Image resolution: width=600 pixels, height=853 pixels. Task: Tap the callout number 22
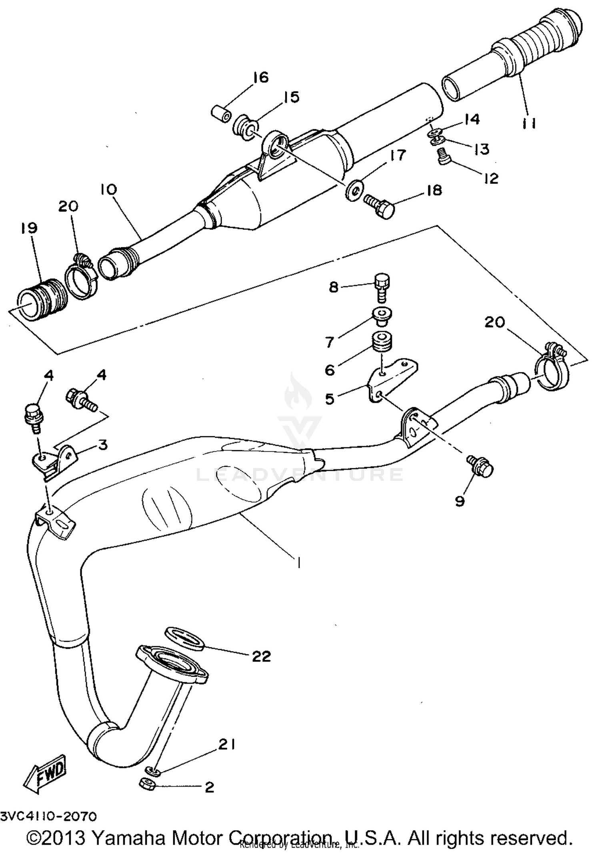click(261, 656)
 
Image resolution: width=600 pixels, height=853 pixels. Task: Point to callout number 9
click(460, 501)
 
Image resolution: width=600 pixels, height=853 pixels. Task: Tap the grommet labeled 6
click(382, 341)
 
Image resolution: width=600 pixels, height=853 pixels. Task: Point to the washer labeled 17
click(354, 191)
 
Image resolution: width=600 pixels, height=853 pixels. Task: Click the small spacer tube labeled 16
click(221, 112)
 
